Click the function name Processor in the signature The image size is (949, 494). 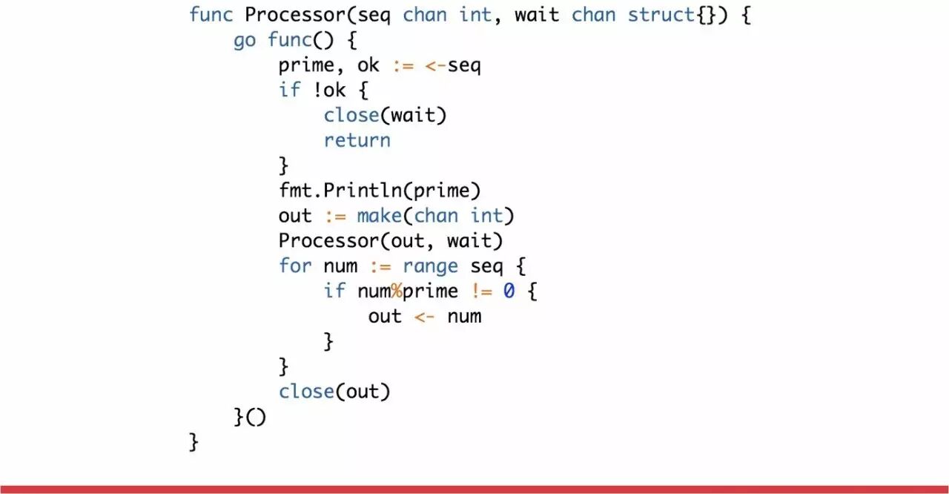[294, 15]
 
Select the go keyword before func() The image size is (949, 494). [245, 40]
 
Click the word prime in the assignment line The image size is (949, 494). [306, 65]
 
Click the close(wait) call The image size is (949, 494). [385, 116]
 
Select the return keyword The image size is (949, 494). [357, 140]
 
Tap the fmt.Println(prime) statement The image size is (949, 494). [380, 191]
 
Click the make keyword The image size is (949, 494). [379, 216]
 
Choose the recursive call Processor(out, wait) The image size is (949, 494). [391, 241]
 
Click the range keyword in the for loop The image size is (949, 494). [430, 266]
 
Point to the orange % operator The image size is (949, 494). [397, 291]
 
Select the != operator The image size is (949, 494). [480, 291]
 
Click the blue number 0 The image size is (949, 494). [509, 291]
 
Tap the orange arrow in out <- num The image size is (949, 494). [424, 317]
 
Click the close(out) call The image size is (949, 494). [334, 391]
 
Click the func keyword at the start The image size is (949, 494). [211, 15]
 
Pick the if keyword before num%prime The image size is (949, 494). [334, 291]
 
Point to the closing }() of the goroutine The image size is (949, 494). [250, 417]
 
